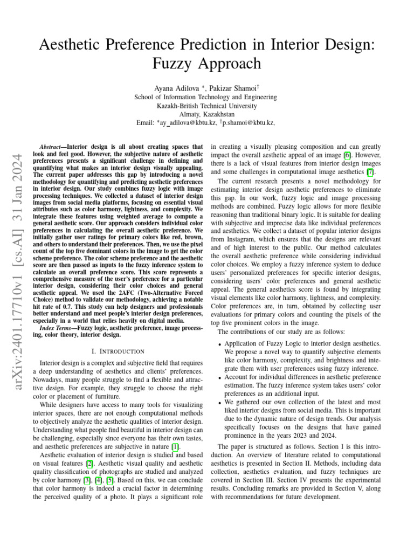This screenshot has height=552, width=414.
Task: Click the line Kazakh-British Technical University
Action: (206, 106)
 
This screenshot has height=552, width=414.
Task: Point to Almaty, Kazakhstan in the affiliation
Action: (206, 114)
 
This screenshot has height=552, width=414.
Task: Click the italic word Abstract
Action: (52, 147)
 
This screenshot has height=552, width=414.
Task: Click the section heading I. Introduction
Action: (118, 351)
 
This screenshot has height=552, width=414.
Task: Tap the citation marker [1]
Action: (175, 446)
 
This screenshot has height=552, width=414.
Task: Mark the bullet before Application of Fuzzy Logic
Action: (219, 344)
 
